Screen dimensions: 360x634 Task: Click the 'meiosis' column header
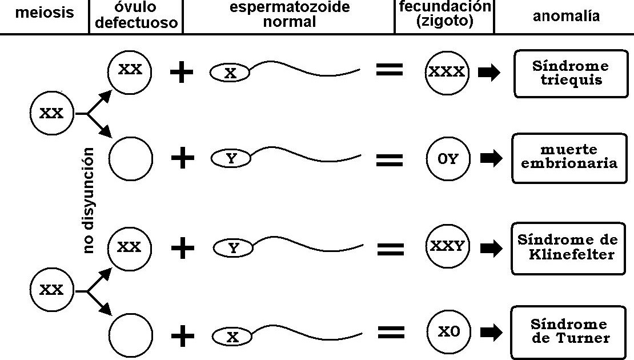click(x=45, y=13)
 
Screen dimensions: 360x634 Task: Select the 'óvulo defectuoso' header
click(x=137, y=17)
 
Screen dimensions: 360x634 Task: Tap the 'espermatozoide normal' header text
click(x=290, y=15)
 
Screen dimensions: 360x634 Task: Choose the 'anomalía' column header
click(x=566, y=16)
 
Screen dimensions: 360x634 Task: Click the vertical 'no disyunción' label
click(x=88, y=200)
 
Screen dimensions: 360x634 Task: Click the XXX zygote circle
click(x=447, y=73)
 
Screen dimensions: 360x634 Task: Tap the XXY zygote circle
click(x=447, y=247)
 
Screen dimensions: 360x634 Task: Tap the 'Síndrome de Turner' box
click(x=569, y=331)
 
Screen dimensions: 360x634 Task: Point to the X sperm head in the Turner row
click(x=231, y=337)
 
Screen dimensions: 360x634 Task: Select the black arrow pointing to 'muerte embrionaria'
click(x=490, y=159)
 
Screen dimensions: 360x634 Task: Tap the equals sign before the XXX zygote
click(x=390, y=71)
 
